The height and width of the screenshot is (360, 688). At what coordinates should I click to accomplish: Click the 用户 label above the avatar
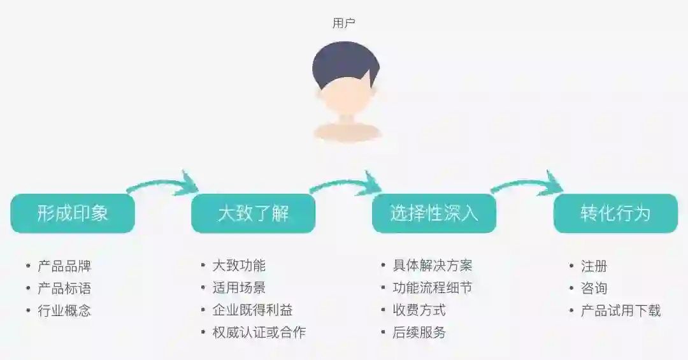point(344,24)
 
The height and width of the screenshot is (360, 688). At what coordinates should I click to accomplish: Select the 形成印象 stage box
point(73,213)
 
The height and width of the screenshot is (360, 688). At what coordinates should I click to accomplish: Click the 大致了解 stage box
point(254,213)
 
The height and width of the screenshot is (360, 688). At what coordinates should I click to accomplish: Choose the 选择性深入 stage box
point(434,213)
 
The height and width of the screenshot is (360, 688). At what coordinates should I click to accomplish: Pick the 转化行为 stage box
point(615,213)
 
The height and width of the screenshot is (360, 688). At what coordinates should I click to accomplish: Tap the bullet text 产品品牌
point(64,266)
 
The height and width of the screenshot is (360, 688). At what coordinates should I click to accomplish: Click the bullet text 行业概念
point(64,311)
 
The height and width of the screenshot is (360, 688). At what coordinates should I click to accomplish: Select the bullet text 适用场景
point(239,288)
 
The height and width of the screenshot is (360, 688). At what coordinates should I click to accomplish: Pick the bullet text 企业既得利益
point(252,310)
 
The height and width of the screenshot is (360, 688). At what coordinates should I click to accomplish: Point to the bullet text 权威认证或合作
point(259,333)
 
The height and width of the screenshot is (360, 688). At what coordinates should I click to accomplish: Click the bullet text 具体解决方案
point(433,266)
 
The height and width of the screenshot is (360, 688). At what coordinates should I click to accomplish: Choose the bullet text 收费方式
point(419,310)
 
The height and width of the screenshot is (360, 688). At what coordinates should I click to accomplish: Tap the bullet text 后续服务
point(419,333)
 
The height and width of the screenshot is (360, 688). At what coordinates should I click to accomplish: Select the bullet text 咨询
point(594,288)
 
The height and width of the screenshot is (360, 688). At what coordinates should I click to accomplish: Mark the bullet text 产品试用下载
point(620,311)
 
